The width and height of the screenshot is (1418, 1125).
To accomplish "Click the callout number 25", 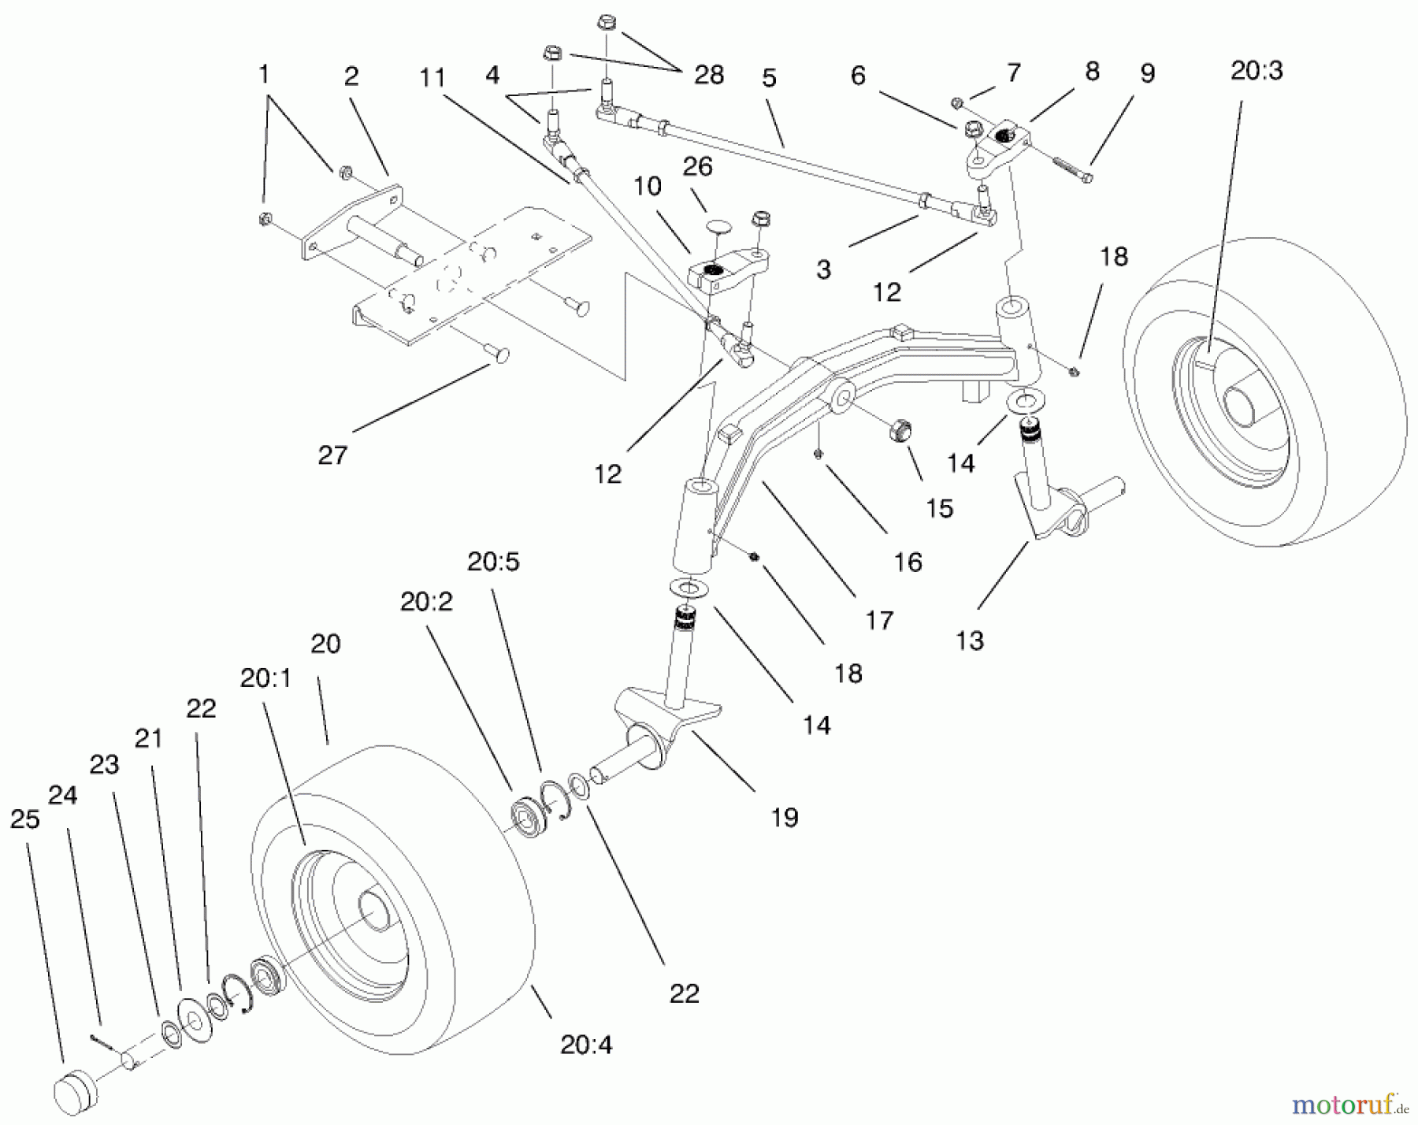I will point(24,819).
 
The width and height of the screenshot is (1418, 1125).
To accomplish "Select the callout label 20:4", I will point(586,1045).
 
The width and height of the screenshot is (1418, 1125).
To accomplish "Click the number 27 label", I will point(332,455).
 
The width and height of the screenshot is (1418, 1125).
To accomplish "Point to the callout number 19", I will point(784,817).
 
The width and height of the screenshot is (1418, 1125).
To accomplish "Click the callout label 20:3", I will point(1257,71).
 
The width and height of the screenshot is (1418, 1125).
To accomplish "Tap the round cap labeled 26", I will point(718,227).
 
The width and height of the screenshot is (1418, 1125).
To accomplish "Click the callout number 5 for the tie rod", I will point(769,77).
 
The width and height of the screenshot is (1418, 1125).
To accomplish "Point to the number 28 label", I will point(709,75).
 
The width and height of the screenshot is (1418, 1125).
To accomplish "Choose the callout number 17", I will point(879,620).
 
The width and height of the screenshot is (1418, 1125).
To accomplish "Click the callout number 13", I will point(970,640).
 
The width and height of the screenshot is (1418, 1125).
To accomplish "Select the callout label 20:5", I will point(493,562).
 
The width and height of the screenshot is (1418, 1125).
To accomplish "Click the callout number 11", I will point(432,77).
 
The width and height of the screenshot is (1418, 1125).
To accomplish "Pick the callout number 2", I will point(351,76).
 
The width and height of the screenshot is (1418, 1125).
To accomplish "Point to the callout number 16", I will point(908,562).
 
